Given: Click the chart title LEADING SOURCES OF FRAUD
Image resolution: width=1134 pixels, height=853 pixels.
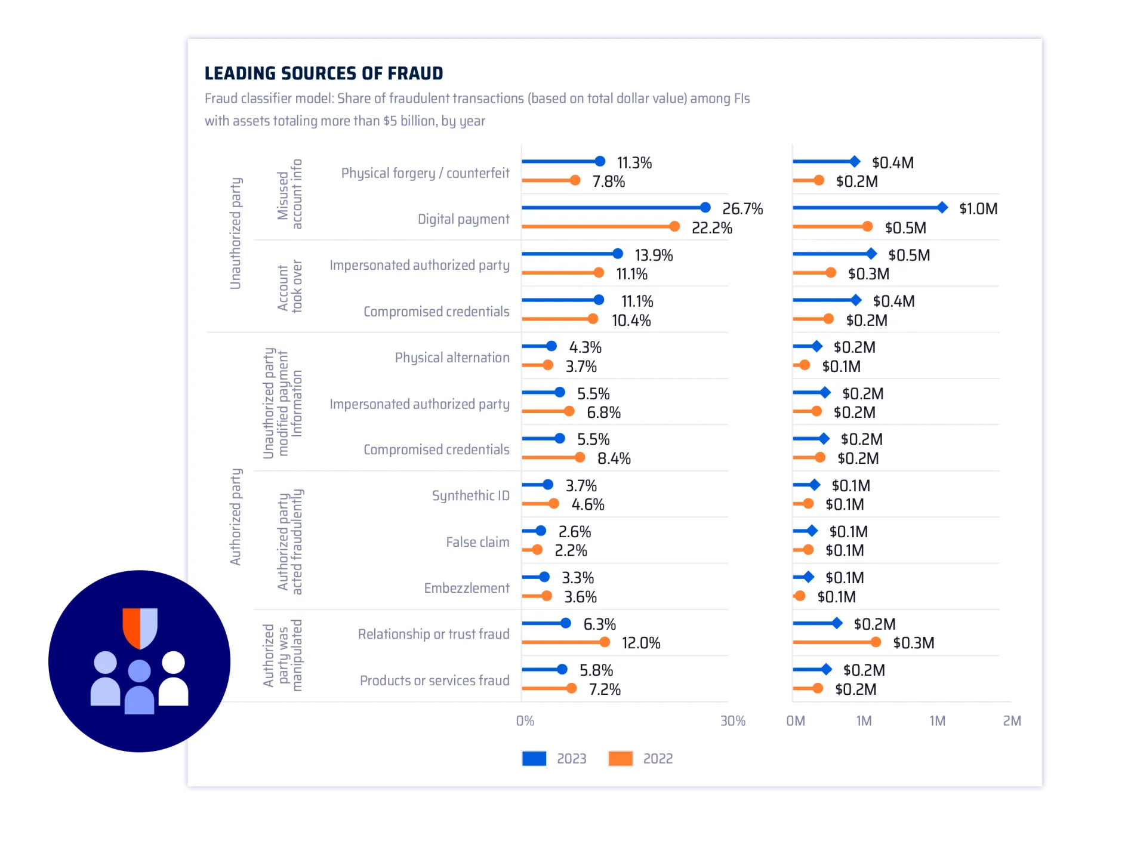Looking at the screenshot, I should pos(323,73).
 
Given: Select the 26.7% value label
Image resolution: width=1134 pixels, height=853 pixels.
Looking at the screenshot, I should pos(742,209).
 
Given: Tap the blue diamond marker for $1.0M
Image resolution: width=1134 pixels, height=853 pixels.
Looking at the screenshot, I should pos(942,208).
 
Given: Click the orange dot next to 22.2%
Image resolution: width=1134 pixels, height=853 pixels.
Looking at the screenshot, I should pos(674,226).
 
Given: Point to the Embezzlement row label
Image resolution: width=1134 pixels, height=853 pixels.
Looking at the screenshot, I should pos(466,588).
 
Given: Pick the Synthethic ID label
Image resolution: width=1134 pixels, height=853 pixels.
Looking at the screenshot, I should pos(470,495).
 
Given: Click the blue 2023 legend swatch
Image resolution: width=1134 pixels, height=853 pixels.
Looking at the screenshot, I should pos(534,758).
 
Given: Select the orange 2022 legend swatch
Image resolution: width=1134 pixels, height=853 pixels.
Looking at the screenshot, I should pos(620,758).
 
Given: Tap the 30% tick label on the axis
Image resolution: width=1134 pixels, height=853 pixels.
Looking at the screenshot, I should pos(732,721).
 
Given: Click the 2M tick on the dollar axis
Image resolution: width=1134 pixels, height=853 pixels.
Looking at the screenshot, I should pos(1012,721).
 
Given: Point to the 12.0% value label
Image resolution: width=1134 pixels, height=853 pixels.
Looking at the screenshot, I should pos(641,643).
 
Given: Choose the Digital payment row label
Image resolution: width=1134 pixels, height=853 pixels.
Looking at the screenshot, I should pos(463,219).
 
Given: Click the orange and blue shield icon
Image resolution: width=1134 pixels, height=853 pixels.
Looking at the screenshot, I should pos(140,627).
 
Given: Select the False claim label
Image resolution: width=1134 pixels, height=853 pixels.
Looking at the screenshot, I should pos(477,542).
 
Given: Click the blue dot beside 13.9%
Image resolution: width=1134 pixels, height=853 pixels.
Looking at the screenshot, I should pos(618,254).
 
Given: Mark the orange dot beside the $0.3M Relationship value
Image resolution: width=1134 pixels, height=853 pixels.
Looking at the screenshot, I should pos(876,642).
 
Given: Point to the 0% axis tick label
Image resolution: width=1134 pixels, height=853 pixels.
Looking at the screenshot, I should pos(525,721).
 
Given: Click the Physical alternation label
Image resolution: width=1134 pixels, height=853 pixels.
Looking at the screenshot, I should pos(452,358).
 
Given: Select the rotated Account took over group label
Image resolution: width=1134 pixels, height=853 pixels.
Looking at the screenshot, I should pos(290,287).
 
